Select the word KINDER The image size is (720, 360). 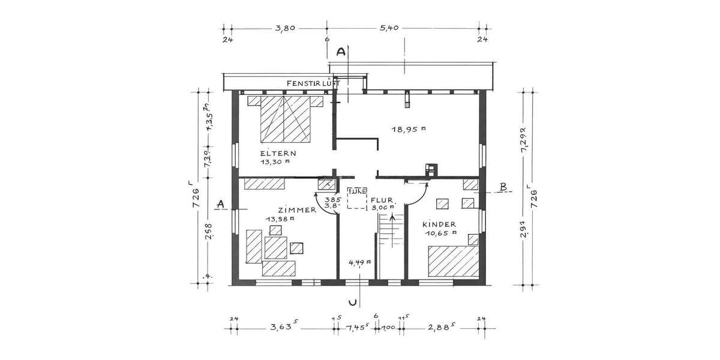pyautogui.click(x=439, y=223)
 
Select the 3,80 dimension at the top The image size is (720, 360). pyautogui.click(x=284, y=28)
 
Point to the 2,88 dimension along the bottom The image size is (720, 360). pyautogui.click(x=440, y=328)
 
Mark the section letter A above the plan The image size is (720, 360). pyautogui.click(x=341, y=52)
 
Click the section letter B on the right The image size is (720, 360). pyautogui.click(x=503, y=187)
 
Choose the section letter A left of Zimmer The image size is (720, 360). pyautogui.click(x=220, y=205)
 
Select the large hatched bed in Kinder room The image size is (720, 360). pyautogui.click(x=452, y=261)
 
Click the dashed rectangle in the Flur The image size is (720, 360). pyautogui.click(x=357, y=198)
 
